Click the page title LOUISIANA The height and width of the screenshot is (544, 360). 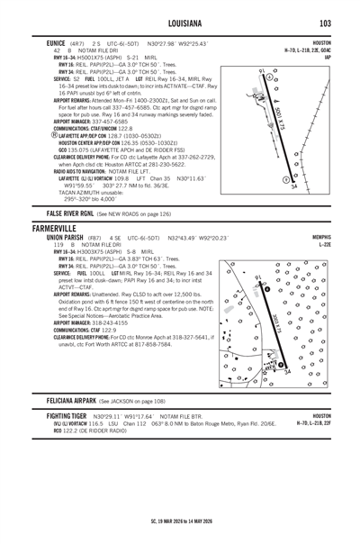179,23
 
